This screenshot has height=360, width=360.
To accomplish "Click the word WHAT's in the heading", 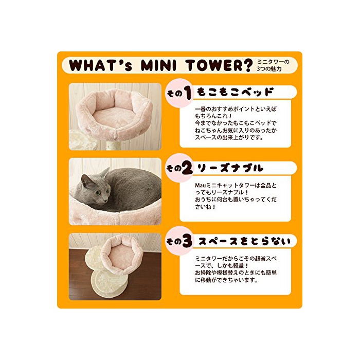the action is click(101, 65).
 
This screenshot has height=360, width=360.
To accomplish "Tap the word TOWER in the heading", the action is click(214, 65).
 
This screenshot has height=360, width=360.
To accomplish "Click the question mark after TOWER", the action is click(247, 65).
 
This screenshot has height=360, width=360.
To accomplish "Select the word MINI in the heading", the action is click(158, 65).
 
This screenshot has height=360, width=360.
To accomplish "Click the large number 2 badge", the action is click(188, 168).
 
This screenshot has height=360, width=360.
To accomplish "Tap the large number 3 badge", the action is click(187, 241).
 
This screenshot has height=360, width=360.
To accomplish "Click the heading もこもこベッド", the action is click(236, 92).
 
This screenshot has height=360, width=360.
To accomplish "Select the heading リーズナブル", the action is click(230, 168).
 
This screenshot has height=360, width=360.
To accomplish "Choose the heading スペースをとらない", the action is click(244, 241).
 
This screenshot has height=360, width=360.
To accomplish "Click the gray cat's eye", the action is click(98, 193).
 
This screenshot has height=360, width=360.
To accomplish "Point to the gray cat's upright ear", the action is click(105, 173).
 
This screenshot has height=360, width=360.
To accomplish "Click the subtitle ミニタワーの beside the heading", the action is click(273, 62).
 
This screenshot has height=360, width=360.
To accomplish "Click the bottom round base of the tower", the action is click(109, 284).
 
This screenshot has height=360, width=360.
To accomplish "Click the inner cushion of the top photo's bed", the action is click(114, 116).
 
